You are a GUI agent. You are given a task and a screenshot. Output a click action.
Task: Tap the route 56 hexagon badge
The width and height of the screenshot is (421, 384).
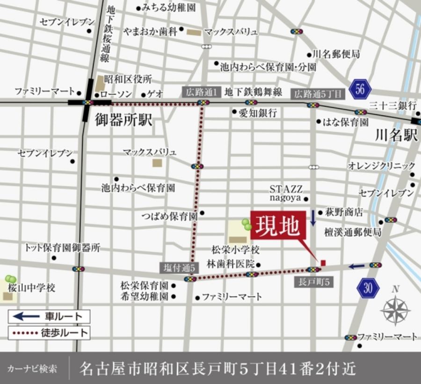359,89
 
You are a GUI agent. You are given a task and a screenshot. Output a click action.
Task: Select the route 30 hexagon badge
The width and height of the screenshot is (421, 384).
368,288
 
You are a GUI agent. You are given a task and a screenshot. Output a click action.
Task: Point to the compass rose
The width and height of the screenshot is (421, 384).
395,310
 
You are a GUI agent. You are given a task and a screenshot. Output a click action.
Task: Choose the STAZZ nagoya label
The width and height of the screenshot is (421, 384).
286,193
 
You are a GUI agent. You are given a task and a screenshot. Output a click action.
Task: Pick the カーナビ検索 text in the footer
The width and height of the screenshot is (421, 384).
32,368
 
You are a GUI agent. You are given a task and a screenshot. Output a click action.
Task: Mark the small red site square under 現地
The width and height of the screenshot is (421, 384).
323,263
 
